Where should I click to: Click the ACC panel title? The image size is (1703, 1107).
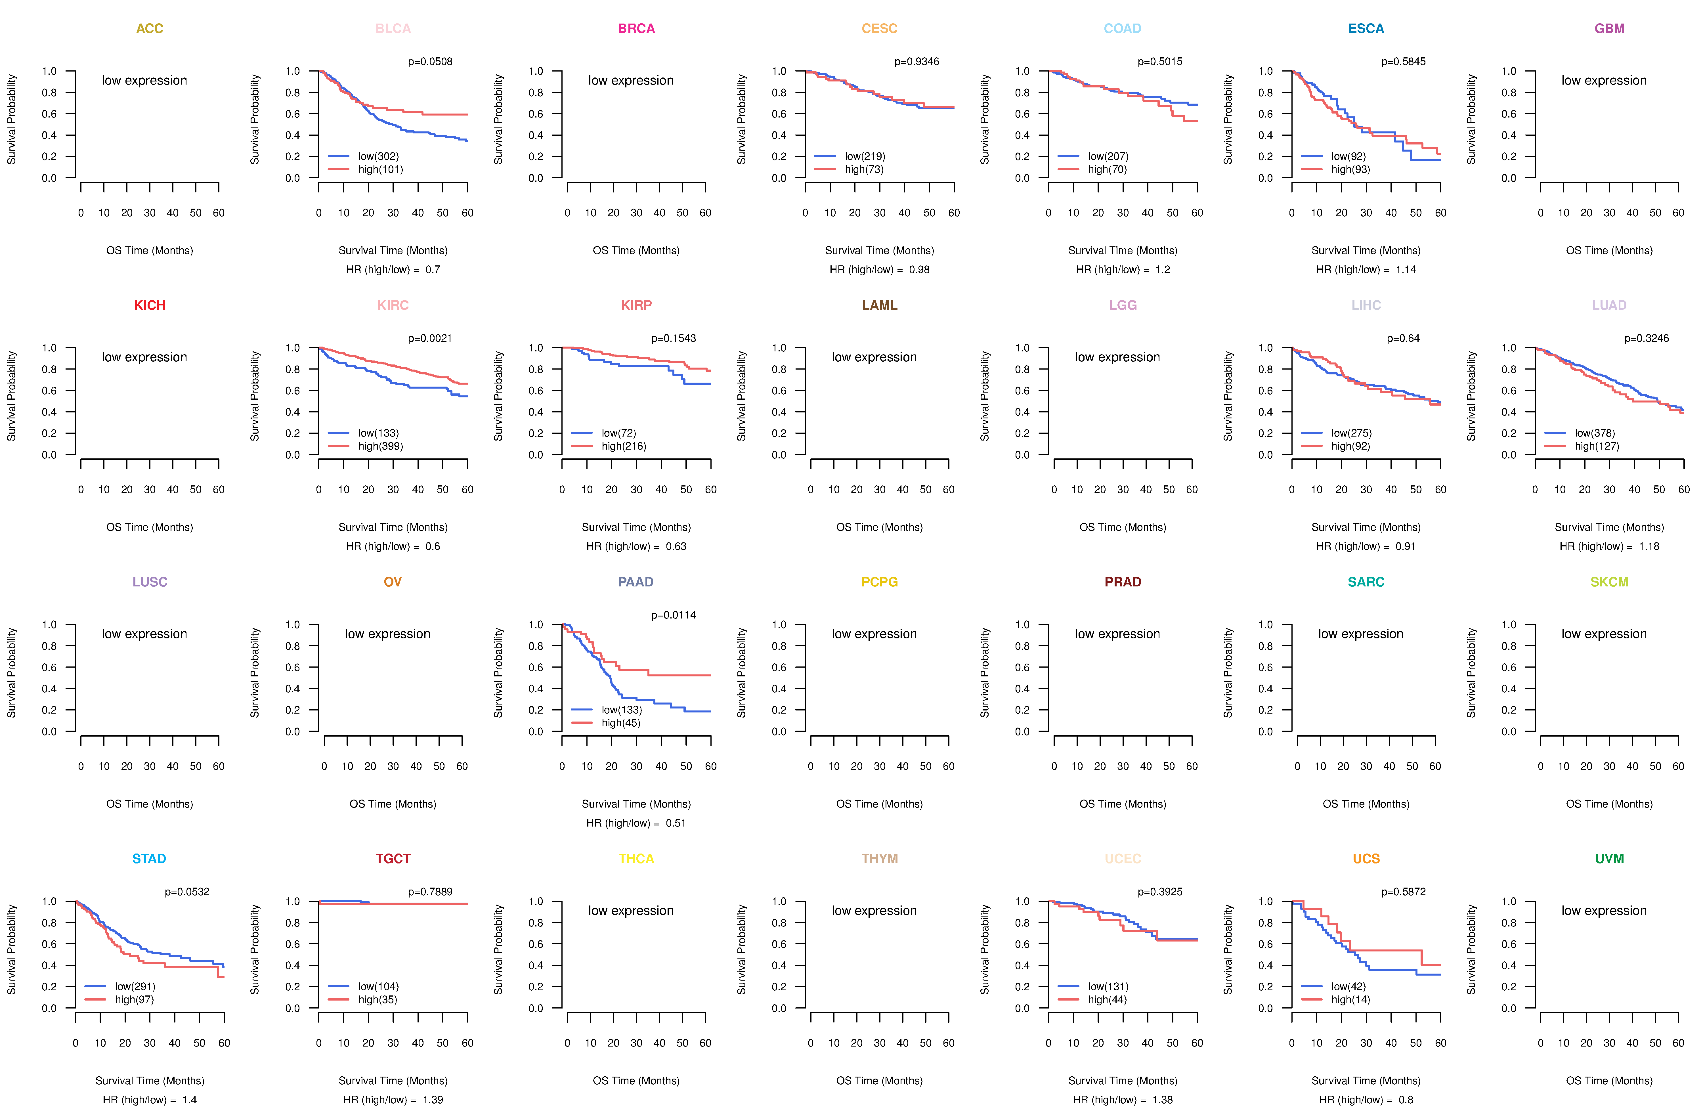pos(150,29)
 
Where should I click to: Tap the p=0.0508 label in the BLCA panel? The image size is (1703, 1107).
pos(430,62)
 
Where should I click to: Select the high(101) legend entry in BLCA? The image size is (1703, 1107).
pos(380,169)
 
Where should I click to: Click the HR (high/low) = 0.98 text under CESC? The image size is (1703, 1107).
pos(879,270)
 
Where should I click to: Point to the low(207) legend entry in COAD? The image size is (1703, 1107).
pos(1108,156)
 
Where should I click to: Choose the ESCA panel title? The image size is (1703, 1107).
pos(1366,29)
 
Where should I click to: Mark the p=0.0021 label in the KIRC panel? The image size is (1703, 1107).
pos(430,338)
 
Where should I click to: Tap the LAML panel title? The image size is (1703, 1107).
pos(879,305)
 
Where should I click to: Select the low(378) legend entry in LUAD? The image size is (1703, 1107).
pos(1594,433)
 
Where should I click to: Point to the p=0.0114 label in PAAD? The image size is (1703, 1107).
pos(673,615)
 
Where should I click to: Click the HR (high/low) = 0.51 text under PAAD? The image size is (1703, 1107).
pos(636,823)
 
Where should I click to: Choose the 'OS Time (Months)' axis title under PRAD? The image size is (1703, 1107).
pos(1123,804)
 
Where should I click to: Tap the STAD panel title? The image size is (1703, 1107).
pos(149,859)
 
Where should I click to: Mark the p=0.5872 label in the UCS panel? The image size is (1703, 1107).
pos(1403,892)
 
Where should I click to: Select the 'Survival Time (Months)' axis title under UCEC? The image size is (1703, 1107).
pos(1123,1081)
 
